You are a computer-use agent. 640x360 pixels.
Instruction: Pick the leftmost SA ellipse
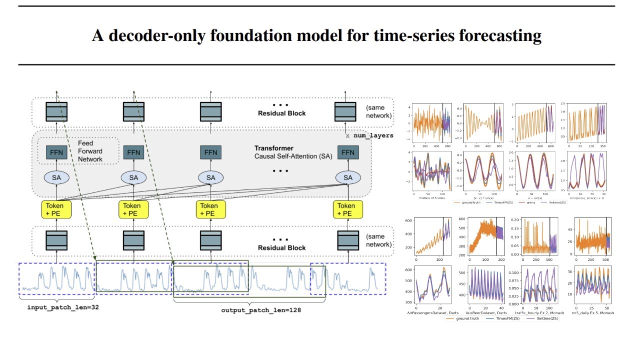tap(56, 177)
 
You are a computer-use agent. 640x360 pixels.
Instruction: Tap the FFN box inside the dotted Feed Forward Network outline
tap(56, 152)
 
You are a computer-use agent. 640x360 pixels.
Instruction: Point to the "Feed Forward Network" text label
tap(90, 151)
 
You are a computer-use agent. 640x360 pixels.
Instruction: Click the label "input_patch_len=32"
tap(62, 307)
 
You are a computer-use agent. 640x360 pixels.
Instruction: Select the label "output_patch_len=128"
tap(261, 310)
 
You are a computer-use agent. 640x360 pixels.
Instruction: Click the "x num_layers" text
tap(369, 135)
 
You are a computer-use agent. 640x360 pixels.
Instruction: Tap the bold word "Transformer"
tap(273, 148)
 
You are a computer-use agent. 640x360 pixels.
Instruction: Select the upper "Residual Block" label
tap(281, 113)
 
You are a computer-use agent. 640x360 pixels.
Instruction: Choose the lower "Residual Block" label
tap(281, 248)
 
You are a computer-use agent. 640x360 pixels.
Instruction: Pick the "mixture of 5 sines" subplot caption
tap(431, 197)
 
